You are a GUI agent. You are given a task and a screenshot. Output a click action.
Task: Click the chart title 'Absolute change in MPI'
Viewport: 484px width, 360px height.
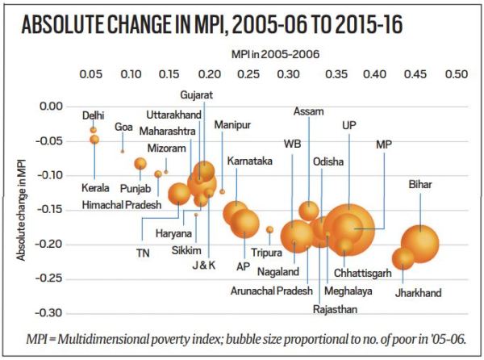212,25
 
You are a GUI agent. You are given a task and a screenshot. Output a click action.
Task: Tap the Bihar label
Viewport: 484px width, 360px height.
420,185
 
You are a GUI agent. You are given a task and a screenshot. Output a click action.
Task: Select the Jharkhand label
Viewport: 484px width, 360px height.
418,293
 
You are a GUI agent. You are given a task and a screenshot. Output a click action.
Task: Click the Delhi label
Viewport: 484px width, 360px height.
94,115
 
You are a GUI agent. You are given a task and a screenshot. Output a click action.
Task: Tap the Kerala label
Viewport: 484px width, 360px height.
94,188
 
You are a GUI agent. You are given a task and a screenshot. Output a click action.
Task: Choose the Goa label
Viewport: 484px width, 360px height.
123,127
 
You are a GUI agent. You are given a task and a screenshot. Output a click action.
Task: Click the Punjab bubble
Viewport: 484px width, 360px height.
140,164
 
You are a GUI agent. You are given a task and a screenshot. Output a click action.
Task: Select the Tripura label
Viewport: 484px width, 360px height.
266,253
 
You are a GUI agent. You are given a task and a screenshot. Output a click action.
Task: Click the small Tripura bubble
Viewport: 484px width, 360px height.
269,230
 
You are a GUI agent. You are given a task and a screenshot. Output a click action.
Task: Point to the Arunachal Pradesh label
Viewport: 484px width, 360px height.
271,291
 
